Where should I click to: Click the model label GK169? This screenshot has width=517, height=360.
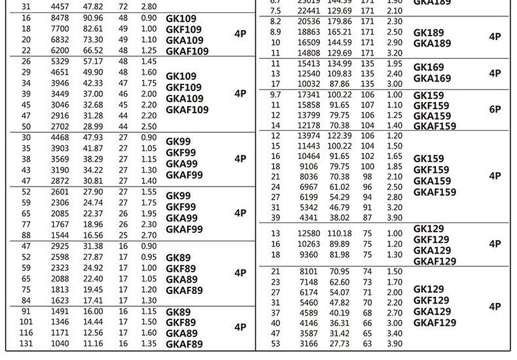(429, 67)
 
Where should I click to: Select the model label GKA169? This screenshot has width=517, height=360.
(432, 79)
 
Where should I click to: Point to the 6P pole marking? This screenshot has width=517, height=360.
(495, 110)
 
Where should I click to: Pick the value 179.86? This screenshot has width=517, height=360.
(340, 22)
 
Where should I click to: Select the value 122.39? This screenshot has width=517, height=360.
(340, 135)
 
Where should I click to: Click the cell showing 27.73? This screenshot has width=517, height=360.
(340, 344)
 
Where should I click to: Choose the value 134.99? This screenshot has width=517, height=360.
(340, 63)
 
